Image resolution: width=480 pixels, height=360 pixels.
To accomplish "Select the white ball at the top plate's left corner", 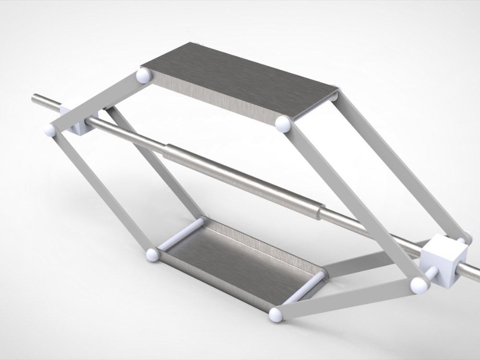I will [144, 75].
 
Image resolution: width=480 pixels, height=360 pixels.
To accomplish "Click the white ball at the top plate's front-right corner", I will [282, 124].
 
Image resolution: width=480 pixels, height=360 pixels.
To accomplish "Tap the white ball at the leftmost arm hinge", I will [49, 131].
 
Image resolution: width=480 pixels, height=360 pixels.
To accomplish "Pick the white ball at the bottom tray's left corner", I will [152, 254].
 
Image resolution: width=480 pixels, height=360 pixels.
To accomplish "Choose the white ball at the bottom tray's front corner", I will [276, 314].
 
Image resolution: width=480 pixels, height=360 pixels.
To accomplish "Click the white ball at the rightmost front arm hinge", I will [419, 285].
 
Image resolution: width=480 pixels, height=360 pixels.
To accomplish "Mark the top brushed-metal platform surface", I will [240, 79].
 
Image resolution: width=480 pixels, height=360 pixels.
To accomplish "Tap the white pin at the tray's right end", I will [307, 288].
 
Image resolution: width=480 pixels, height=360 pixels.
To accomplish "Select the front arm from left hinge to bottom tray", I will [101, 192].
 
